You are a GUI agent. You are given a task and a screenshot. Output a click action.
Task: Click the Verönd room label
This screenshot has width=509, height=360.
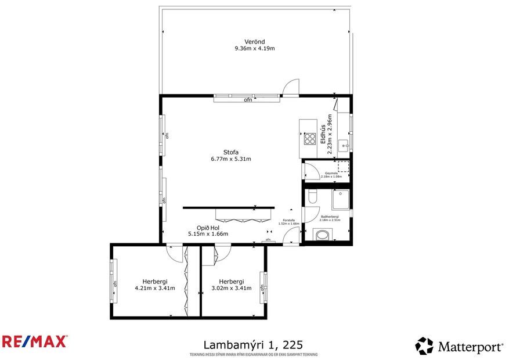(255, 41)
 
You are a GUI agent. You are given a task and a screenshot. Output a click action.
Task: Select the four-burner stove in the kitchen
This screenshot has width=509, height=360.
(310, 139)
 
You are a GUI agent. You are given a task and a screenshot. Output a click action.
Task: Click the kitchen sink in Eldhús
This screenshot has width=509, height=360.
(344, 145)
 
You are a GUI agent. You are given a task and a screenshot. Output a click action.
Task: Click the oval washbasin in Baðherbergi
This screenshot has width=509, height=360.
(321, 235)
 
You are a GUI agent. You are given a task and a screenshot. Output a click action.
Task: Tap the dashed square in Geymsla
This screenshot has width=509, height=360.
(344, 167)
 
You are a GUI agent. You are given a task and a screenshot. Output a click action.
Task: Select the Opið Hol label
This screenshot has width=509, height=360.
(208, 228)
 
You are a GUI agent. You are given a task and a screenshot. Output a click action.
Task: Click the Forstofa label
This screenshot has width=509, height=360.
(288, 220)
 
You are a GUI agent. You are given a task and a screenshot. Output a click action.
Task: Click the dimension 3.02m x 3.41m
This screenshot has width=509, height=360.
(231, 287)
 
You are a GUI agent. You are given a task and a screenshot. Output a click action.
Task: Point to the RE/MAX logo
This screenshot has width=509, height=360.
(34, 341)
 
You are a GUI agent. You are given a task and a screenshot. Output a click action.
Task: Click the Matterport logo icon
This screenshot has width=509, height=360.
(424, 346)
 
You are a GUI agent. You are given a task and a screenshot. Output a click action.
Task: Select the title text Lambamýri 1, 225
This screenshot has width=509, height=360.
(254, 344)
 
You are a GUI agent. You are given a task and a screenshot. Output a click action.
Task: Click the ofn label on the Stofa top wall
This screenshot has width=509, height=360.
(248, 100)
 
